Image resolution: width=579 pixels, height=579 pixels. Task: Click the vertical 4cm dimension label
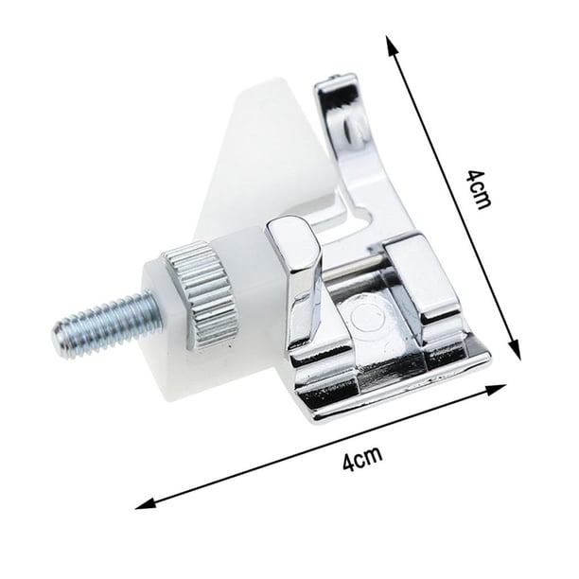tap(478, 189)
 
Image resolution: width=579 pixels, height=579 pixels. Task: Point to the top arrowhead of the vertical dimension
tap(393, 44)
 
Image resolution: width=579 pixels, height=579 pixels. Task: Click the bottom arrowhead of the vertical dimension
tap(515, 349)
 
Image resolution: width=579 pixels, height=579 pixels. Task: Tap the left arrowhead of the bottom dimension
tap(145, 504)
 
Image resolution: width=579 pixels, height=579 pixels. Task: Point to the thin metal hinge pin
tap(353, 268)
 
